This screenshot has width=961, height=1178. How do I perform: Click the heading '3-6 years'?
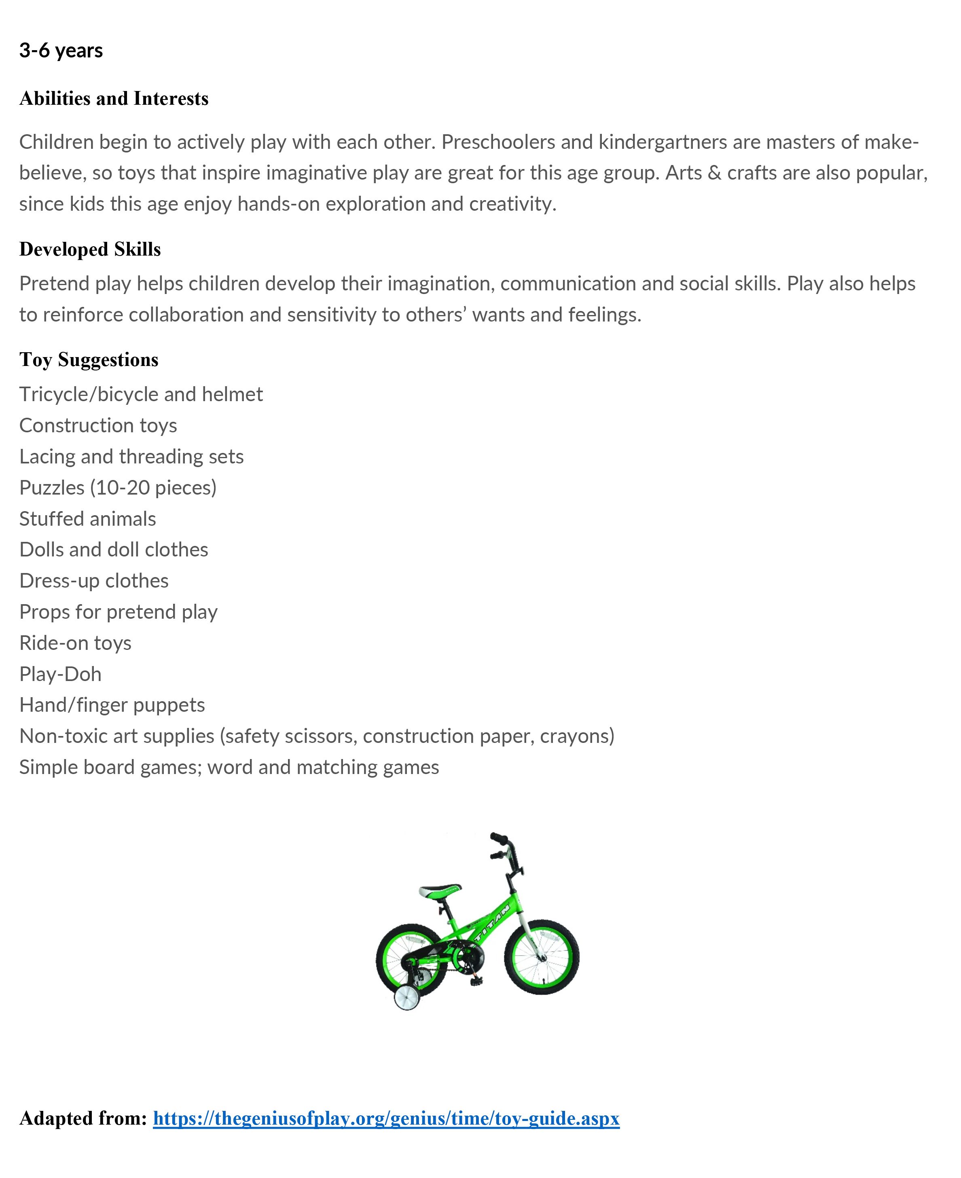click(x=61, y=51)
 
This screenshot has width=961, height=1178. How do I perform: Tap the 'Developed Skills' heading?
click(x=90, y=249)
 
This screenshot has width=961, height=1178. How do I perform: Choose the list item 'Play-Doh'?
click(x=60, y=674)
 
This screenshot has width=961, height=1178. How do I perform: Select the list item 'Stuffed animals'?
click(x=87, y=519)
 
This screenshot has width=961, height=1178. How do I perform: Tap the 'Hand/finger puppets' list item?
click(x=112, y=705)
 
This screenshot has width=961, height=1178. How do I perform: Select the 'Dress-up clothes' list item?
click(x=93, y=581)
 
